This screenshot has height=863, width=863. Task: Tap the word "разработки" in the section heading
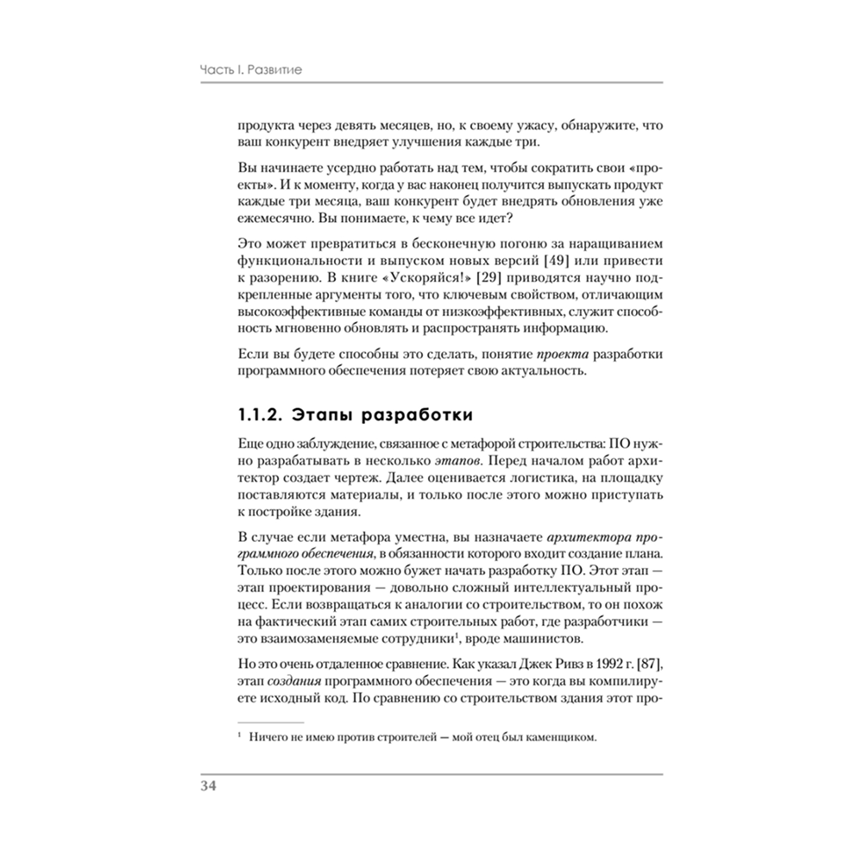pos(418,415)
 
